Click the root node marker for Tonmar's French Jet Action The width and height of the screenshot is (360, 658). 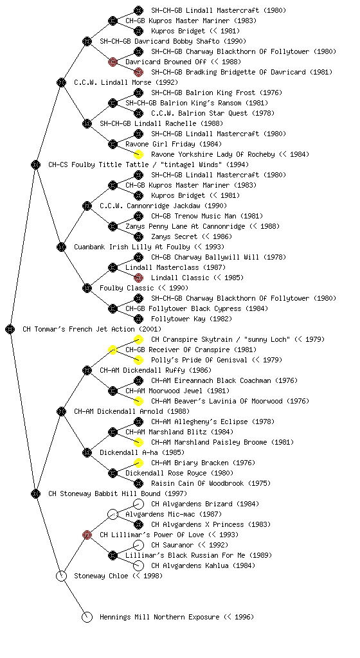[10, 330]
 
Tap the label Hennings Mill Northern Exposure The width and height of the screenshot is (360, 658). [177, 617]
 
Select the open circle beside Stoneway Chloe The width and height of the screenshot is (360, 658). [61, 576]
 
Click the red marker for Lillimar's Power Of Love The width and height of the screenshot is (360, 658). [87, 535]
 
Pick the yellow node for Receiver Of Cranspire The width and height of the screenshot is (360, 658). [113, 350]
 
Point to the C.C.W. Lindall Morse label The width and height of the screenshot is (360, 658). [126, 82]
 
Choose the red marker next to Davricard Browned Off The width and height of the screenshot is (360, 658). [113, 62]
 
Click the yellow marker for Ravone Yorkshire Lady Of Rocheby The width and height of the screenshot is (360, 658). [138, 154]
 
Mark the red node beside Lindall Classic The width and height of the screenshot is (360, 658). [138, 278]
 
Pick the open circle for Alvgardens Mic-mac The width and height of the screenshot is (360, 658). [113, 514]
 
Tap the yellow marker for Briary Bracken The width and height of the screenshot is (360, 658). [138, 463]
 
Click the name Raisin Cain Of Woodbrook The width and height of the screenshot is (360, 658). [197, 483]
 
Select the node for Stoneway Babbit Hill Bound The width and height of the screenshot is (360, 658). [35, 493]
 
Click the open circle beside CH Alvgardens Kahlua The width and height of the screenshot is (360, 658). [138, 565]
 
